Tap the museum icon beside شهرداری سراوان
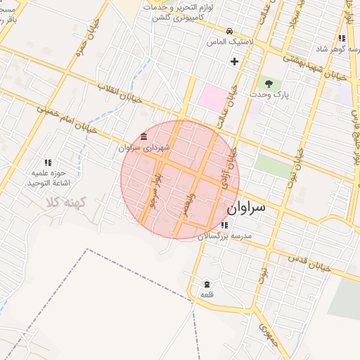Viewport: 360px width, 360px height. point(144,136)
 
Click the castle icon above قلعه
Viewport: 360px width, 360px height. point(207,284)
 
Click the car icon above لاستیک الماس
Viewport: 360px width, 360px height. point(230,32)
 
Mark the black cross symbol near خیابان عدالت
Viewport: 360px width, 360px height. point(234,62)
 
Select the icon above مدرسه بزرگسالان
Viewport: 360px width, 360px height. point(224,226)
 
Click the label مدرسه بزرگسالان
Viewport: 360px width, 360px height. point(224,236)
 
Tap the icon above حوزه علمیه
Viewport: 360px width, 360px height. point(48,162)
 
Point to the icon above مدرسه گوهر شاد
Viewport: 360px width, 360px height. point(342,38)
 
